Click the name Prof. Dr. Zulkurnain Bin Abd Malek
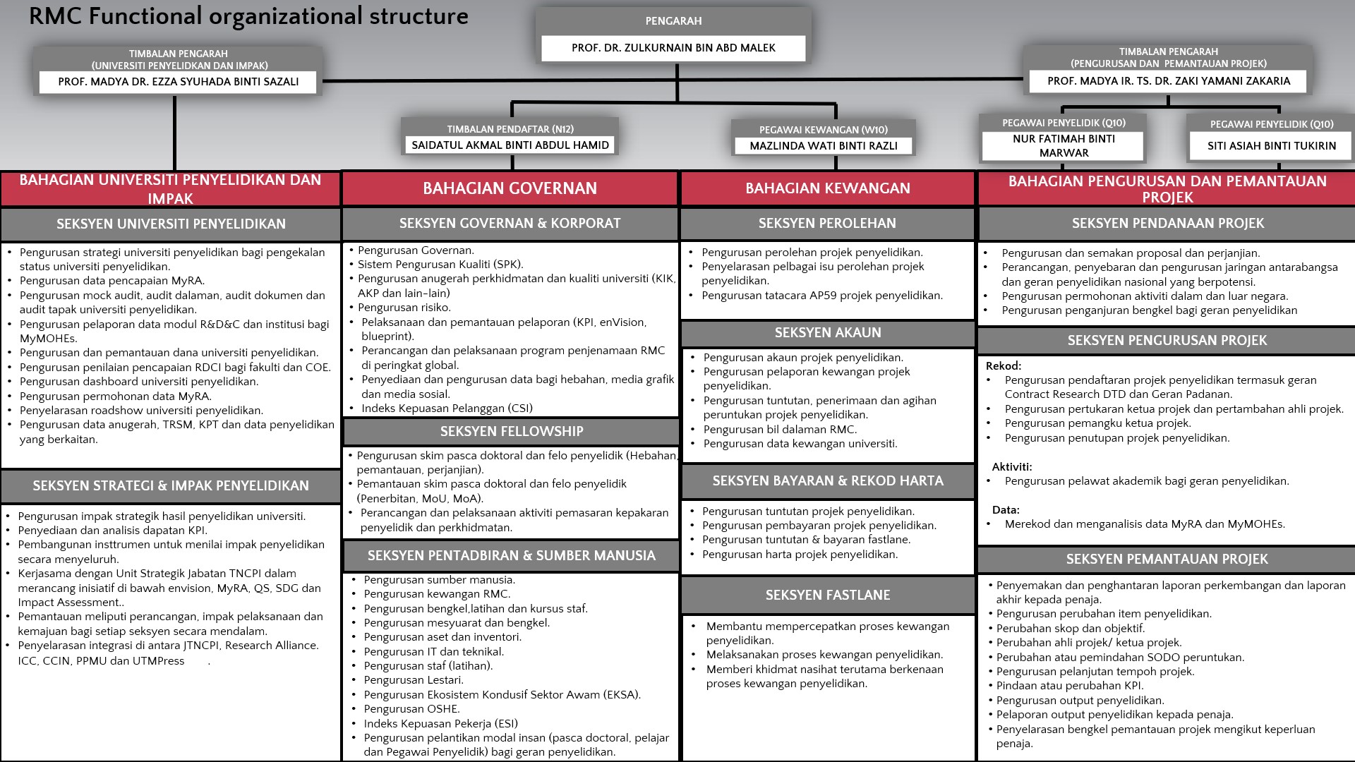pyautogui.click(x=673, y=48)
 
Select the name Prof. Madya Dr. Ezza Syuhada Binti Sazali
pyautogui.click(x=178, y=82)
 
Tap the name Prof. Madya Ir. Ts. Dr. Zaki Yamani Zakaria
pyautogui.click(x=1169, y=81)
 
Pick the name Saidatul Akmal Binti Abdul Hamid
pyautogui.click(x=510, y=145)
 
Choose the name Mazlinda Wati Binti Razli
pyautogui.click(x=824, y=146)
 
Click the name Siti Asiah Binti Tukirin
pyautogui.click(x=1272, y=146)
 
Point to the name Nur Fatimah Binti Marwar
pyautogui.click(x=1064, y=146)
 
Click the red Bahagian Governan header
pyautogui.click(x=510, y=188)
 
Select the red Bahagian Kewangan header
pyautogui.click(x=828, y=188)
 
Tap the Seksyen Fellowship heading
pyautogui.click(x=512, y=431)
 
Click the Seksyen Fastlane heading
pyautogui.click(x=828, y=595)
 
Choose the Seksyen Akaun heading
pyautogui.click(x=828, y=332)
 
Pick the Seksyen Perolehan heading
pyautogui.click(x=827, y=223)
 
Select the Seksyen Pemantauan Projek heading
pyautogui.click(x=1167, y=559)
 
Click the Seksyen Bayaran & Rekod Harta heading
pyautogui.click(x=828, y=480)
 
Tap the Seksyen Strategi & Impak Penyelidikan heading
pyautogui.click(x=171, y=485)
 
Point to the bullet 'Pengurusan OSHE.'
pyautogui.click(x=411, y=709)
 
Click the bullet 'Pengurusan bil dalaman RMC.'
pyautogui.click(x=780, y=429)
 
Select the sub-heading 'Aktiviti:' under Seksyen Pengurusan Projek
pyautogui.click(x=1012, y=467)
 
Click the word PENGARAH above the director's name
pyautogui.click(x=673, y=21)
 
